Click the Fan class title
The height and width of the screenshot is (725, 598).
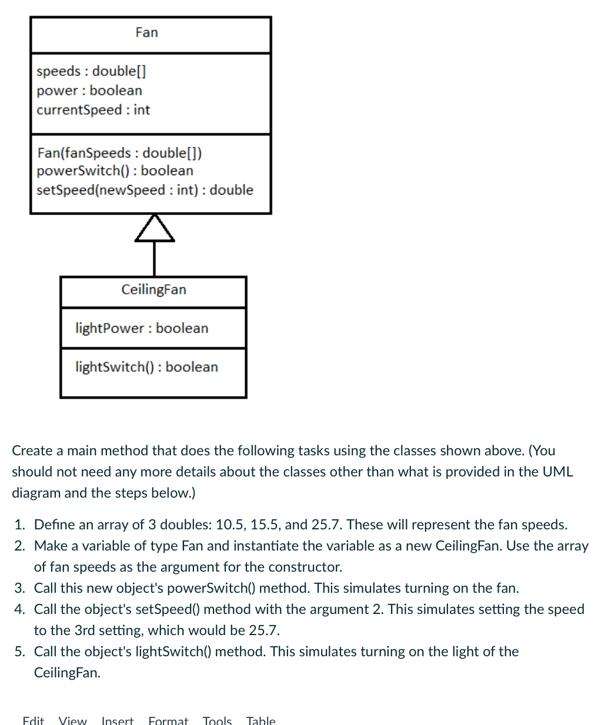pos(146,32)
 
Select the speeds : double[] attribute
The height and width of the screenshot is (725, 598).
pos(91,71)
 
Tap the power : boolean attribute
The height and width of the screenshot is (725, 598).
pos(89,90)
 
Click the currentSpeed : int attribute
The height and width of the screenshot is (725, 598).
pos(93,110)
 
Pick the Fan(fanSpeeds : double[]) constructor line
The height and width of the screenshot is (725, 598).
pos(119,153)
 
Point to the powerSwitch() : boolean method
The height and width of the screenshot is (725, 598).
pos(115,171)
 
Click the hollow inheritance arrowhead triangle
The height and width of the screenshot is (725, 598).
pos(155,229)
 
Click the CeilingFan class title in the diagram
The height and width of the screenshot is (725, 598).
pos(153,290)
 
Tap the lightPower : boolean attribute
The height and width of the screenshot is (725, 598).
pos(142,328)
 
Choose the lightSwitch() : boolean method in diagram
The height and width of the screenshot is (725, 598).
pos(146,367)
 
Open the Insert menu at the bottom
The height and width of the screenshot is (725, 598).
pos(118,720)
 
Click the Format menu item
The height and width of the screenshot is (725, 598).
pos(168,720)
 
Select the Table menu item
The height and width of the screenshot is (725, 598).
pos(260,720)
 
